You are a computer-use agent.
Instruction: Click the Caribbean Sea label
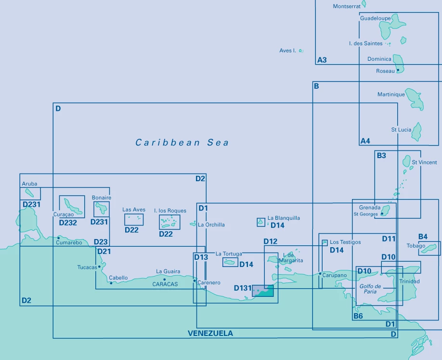182,143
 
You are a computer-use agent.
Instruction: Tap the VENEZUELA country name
210,333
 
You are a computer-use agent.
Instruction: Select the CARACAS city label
165,284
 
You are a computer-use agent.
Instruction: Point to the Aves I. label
287,51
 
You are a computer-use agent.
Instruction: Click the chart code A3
322,60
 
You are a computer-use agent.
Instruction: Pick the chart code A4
365,141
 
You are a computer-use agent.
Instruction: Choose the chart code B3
381,156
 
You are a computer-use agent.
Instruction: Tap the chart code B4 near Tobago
423,237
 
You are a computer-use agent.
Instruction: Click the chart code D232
68,223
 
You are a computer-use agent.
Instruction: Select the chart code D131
243,289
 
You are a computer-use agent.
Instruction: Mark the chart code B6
358,316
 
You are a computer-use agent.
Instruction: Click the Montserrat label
347,7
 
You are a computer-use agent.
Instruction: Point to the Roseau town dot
398,71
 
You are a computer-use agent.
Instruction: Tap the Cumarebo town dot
59,237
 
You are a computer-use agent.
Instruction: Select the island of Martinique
414,98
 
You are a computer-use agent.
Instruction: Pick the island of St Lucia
416,132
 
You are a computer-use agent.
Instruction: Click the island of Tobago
430,248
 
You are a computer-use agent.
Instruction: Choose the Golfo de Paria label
370,289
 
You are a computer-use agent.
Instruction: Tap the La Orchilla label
211,225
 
